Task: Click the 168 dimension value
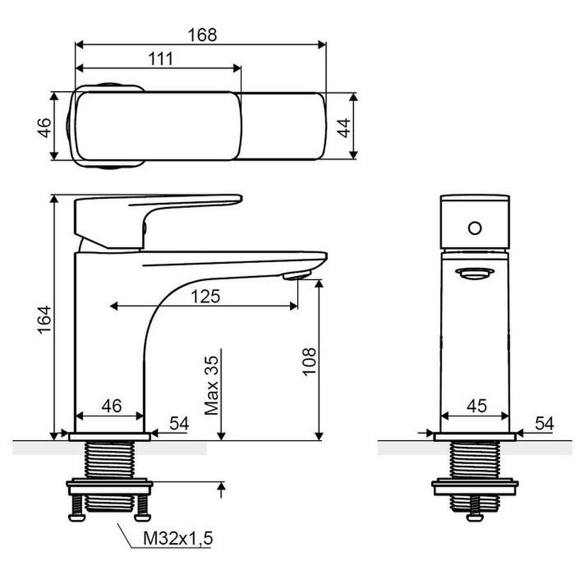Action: [202, 35]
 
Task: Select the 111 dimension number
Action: [161, 59]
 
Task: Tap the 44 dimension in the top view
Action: [344, 128]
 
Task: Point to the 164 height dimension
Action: [44, 319]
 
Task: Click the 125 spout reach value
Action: [205, 296]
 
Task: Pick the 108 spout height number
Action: [309, 361]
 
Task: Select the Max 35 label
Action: [211, 385]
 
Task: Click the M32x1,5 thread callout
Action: [178, 538]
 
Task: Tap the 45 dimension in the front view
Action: [477, 405]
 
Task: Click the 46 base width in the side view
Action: [111, 405]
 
